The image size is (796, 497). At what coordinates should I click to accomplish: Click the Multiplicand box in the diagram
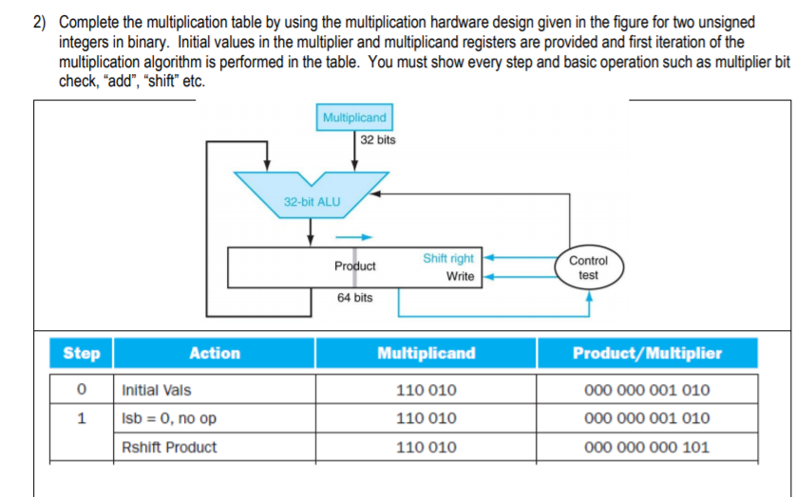point(354,118)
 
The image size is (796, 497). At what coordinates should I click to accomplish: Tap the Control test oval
point(588,267)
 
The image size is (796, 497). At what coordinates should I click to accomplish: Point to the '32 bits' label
point(378,139)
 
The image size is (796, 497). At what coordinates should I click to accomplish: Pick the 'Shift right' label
point(448,258)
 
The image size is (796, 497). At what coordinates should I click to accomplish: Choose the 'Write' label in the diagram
point(460,276)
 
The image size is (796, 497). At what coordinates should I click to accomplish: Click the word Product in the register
point(354,267)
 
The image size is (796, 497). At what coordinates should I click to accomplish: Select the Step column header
point(81,353)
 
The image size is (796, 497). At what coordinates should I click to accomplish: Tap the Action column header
point(215,353)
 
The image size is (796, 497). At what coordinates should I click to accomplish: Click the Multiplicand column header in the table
point(426,353)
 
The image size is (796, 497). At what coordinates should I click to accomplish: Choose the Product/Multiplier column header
point(647,353)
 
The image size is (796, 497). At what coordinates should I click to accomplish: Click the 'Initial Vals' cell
point(157,390)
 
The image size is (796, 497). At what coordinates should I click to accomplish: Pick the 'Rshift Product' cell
point(169,447)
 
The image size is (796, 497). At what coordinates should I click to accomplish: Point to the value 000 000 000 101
point(647,447)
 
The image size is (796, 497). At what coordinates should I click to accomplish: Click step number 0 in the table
point(82,390)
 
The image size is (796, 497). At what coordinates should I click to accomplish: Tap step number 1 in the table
point(82,418)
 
